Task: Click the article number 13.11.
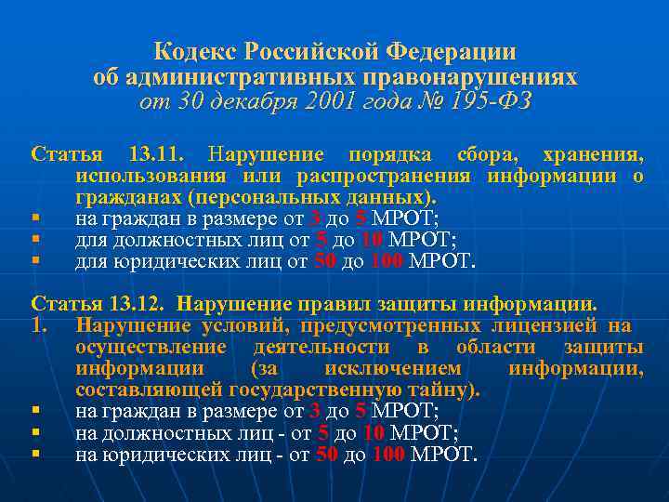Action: pyautogui.click(x=157, y=153)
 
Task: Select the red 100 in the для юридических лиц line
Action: pyautogui.click(x=387, y=261)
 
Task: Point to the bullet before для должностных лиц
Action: pyautogui.click(x=34, y=240)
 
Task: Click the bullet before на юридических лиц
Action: pyautogui.click(x=34, y=455)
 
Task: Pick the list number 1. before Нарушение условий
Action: pyautogui.click(x=39, y=325)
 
